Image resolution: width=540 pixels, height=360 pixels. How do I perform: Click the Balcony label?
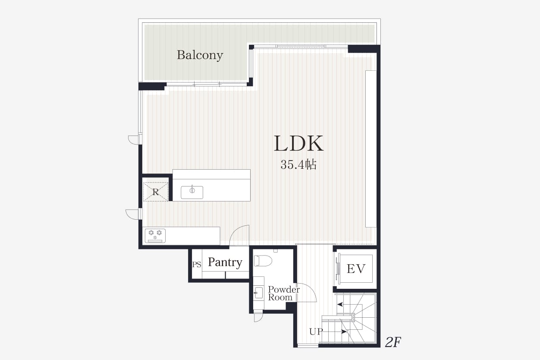(200, 55)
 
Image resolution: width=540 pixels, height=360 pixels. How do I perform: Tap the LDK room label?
(298, 143)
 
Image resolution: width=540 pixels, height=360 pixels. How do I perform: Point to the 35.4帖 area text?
(298, 164)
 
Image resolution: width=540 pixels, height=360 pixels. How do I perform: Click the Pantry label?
(225, 262)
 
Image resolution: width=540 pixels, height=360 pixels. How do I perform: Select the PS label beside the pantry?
(197, 265)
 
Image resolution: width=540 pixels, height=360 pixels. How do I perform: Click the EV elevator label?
(356, 268)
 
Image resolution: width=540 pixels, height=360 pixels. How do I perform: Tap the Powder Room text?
(284, 294)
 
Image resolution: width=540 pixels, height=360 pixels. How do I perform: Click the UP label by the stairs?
(316, 332)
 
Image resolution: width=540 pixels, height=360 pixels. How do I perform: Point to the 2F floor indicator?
(393, 342)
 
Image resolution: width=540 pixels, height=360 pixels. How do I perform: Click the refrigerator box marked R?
(156, 192)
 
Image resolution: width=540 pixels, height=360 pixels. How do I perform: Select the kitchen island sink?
(192, 193)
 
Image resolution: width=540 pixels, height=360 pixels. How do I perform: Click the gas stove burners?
(155, 236)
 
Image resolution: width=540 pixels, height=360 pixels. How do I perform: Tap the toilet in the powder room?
(263, 261)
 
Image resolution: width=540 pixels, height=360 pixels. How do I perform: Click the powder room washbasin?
(258, 293)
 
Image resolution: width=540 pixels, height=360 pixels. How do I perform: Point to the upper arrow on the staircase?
(340, 304)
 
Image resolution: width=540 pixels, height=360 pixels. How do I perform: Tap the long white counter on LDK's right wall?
(371, 148)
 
